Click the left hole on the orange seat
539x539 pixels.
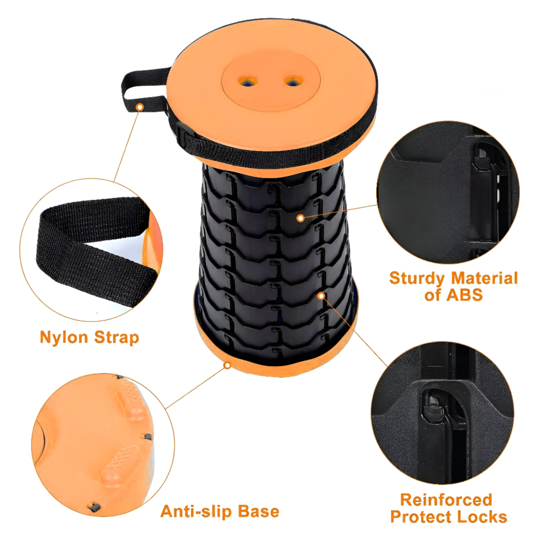tap(248, 81)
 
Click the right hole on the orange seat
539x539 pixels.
tap(293, 81)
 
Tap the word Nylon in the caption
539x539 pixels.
tap(64, 337)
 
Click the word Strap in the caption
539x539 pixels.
tap(116, 337)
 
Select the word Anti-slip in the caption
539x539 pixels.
tap(197, 511)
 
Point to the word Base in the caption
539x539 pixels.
tap(259, 511)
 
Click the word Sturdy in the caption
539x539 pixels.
tap(417, 278)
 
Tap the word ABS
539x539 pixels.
tap(465, 295)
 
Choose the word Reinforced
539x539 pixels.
tap(446, 500)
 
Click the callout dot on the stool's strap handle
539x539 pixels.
tap(140, 107)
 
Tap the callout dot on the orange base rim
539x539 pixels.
tap(227, 365)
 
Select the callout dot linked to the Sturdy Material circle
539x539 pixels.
tap(300, 218)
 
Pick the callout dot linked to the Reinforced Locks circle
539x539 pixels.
tap(321, 295)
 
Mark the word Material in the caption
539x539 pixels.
tap(484, 278)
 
